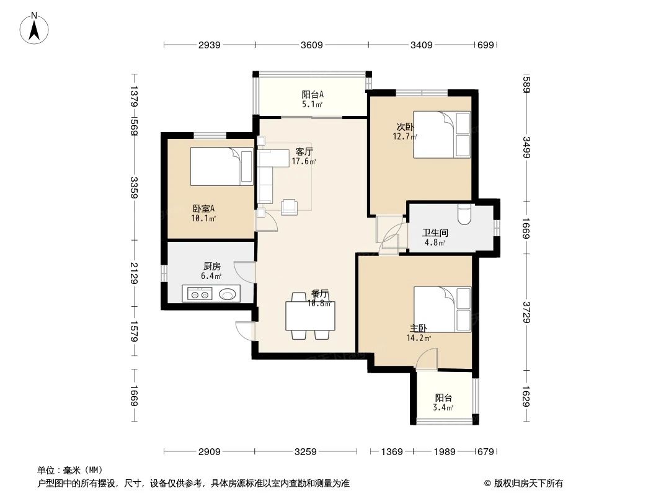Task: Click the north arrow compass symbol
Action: point(35,28)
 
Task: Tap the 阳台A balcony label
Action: point(313,95)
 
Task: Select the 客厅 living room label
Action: point(304,151)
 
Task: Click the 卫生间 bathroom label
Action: point(435,233)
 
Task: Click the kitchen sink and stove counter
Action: point(211,294)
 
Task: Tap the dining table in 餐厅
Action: point(310,316)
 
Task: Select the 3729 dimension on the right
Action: point(526,312)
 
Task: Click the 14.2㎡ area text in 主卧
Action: point(419,338)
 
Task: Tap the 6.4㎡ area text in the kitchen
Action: point(211,276)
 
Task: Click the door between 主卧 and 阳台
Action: point(427,358)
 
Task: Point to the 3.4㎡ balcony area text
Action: point(443,407)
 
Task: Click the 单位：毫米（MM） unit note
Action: point(70,470)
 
